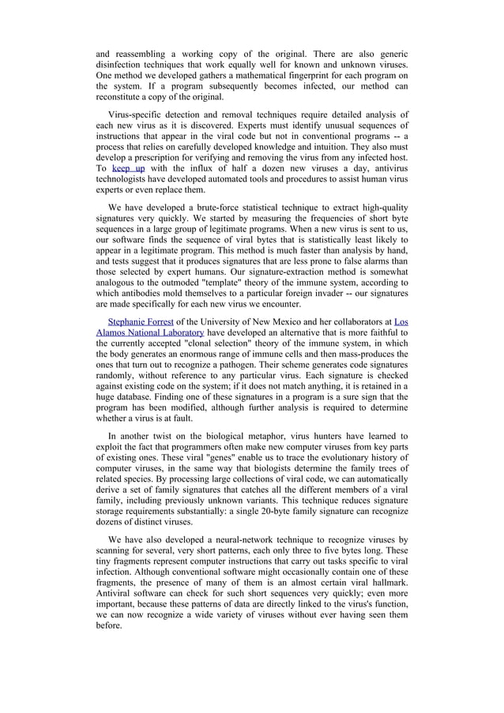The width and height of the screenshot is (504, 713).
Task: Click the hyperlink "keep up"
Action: (128, 168)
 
